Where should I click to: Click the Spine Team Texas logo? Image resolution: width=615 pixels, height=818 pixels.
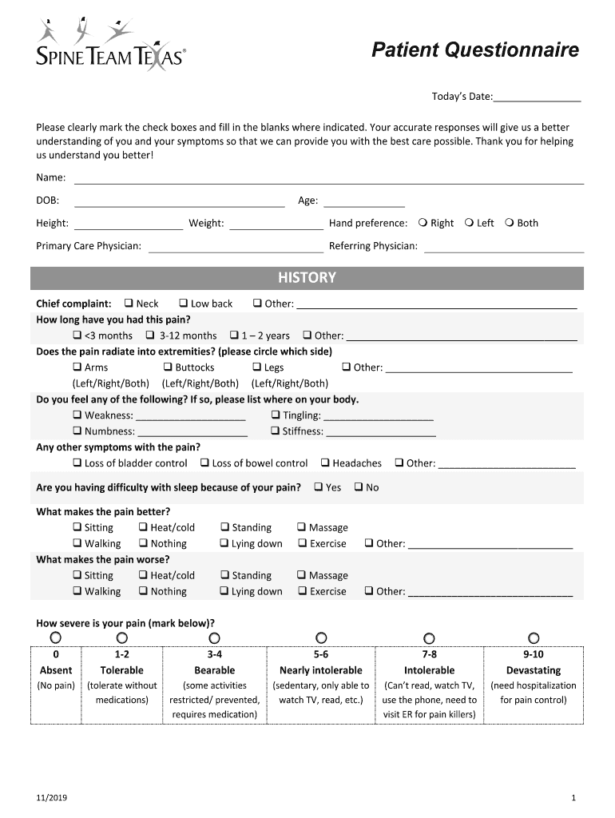[110, 46]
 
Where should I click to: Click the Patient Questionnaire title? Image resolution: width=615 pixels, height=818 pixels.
[475, 51]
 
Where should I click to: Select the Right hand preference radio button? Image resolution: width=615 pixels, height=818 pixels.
[423, 223]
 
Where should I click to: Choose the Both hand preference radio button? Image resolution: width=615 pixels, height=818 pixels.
[510, 223]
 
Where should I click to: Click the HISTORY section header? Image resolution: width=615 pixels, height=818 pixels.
[307, 278]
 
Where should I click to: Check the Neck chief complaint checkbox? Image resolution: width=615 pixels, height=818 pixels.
[129, 304]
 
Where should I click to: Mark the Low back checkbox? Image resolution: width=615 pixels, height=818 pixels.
[183, 304]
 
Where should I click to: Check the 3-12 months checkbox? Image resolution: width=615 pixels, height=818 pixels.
[149, 336]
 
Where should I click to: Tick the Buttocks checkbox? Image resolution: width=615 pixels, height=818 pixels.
[169, 367]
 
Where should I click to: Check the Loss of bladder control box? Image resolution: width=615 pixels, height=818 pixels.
[77, 463]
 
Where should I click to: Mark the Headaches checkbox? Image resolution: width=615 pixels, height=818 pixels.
[326, 463]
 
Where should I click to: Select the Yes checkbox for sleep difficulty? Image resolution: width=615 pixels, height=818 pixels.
[319, 487]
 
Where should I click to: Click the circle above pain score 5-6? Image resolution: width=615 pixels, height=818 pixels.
[321, 637]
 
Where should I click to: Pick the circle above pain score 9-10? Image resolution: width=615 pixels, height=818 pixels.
[534, 637]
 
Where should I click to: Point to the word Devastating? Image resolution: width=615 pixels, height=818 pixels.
[534, 670]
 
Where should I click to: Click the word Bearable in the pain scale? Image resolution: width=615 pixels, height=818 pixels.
[215, 670]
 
